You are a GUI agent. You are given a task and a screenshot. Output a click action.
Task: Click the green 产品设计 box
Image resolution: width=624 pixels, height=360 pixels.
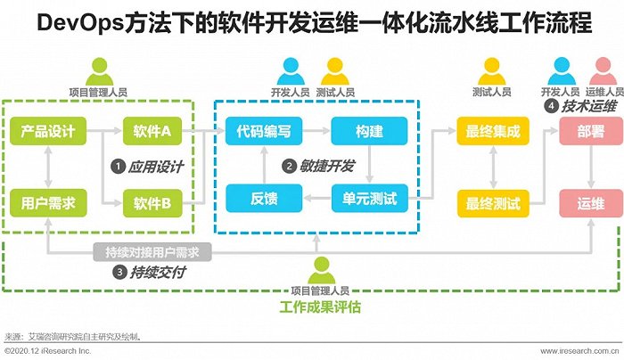(x=48, y=131)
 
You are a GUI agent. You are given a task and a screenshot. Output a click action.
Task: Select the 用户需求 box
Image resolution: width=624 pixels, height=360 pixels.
(x=48, y=203)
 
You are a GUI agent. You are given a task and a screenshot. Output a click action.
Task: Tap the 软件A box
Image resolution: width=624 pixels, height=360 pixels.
(x=152, y=131)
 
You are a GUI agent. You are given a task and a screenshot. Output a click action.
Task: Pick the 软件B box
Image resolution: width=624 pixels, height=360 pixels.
(x=152, y=203)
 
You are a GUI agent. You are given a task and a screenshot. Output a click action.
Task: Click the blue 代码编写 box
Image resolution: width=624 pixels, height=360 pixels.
(x=264, y=131)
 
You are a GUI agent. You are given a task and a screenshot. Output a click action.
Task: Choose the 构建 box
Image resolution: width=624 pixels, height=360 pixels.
(x=369, y=131)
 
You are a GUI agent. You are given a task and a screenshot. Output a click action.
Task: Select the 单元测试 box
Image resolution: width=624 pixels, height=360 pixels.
(x=369, y=198)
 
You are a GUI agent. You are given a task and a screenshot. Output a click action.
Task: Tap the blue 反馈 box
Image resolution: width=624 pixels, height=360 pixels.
(x=264, y=198)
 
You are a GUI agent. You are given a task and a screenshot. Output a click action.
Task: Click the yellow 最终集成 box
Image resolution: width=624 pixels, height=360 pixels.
(x=493, y=131)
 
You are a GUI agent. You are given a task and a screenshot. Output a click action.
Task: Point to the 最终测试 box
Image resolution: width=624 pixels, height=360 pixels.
(x=493, y=203)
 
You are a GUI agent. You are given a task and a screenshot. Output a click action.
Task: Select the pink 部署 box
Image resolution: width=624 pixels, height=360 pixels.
(x=591, y=131)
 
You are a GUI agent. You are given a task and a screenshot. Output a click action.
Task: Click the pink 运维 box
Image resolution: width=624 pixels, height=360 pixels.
(x=591, y=203)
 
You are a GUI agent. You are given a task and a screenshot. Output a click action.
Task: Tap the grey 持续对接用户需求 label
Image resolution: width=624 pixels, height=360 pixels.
(x=152, y=252)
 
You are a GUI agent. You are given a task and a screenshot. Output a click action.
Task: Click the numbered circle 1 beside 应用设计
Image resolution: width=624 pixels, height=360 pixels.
(x=118, y=167)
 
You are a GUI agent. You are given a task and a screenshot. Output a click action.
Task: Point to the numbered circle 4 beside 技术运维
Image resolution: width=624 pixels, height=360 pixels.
(x=551, y=106)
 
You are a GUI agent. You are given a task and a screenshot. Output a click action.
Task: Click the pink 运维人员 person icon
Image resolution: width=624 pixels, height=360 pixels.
(x=603, y=71)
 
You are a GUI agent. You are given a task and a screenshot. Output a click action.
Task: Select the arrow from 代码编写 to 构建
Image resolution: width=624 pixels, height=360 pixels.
(x=316, y=130)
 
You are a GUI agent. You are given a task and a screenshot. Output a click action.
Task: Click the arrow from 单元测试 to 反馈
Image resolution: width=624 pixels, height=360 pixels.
(x=317, y=198)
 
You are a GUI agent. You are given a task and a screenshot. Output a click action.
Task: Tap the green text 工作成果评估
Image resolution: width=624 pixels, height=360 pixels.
(x=320, y=307)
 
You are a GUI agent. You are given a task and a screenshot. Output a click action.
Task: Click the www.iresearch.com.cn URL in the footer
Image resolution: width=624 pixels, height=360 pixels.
(x=579, y=351)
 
